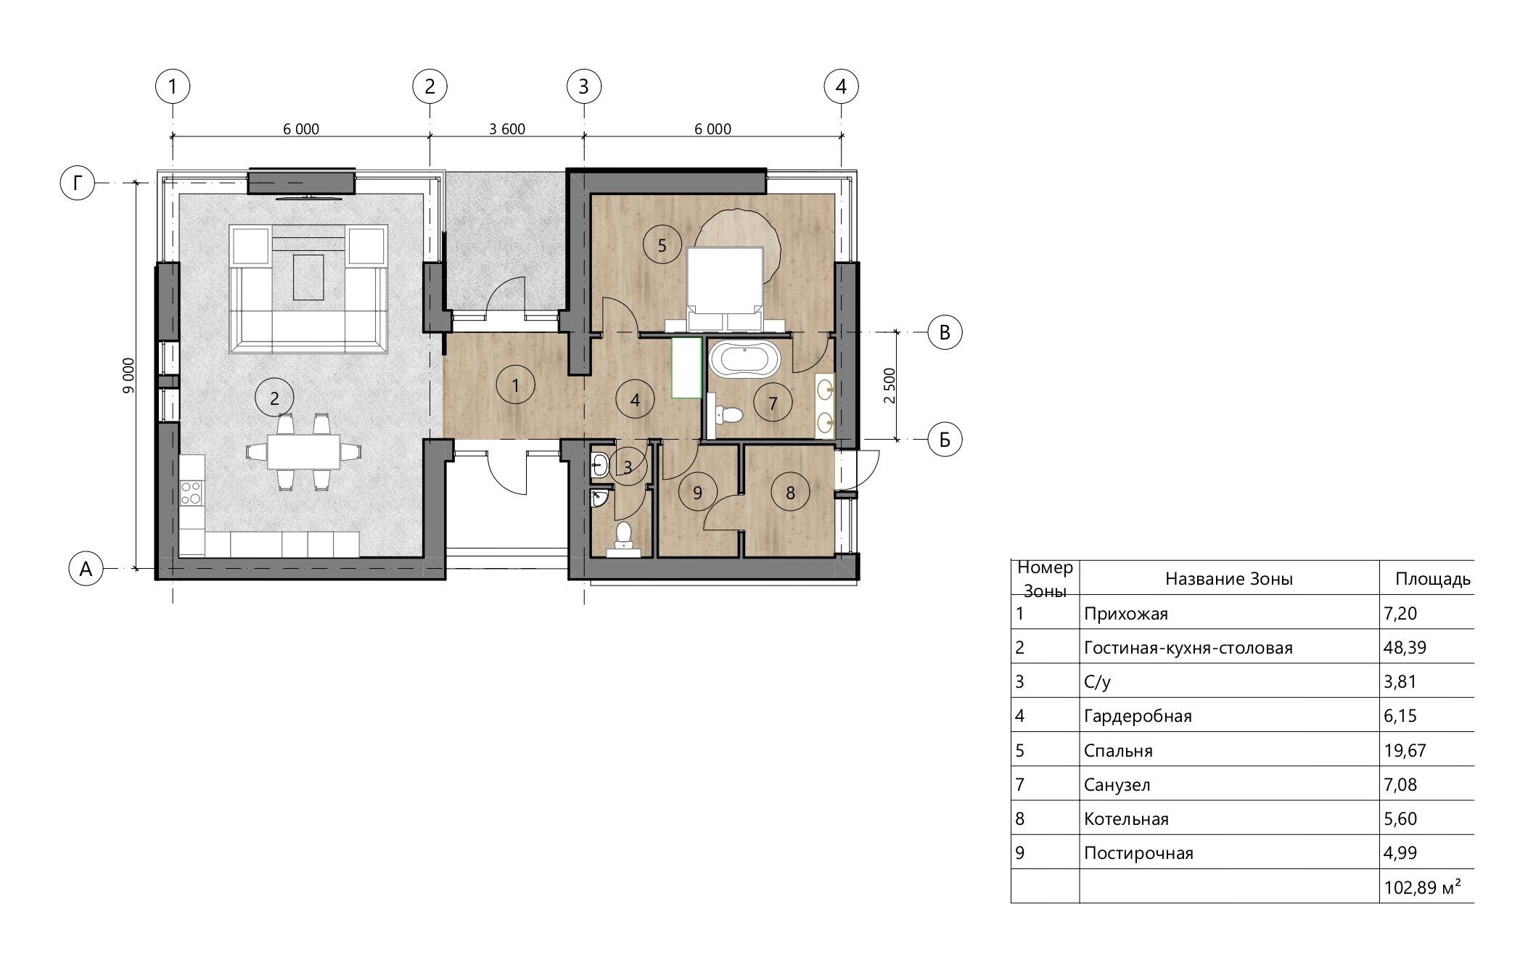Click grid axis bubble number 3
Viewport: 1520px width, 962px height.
click(584, 87)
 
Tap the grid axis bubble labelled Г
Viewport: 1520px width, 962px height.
click(77, 183)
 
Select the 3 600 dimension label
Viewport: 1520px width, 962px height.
click(507, 129)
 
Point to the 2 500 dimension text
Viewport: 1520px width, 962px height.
click(890, 386)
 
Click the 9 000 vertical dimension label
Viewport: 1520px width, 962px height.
click(128, 376)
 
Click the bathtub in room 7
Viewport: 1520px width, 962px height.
click(744, 360)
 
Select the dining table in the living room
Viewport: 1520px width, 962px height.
click(303, 451)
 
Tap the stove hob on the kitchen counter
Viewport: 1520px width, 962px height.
click(192, 493)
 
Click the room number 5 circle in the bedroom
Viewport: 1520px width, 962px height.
click(662, 245)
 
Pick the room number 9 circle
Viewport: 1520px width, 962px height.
click(697, 493)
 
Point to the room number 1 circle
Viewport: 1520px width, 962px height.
click(515, 385)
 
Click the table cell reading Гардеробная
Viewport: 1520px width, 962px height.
click(1138, 716)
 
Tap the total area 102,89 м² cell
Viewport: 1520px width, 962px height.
click(1422, 887)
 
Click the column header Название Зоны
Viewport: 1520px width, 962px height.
click(1229, 578)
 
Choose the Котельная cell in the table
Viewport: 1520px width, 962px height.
click(1126, 819)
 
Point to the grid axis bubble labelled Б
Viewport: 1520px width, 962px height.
click(945, 439)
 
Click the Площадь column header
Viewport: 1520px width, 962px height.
click(1433, 579)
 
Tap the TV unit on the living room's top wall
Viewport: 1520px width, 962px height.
click(301, 182)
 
